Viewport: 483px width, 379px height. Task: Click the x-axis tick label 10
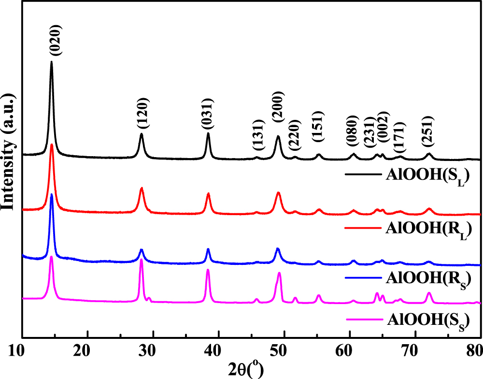point(22,349)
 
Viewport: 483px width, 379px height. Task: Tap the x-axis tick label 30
point(153,349)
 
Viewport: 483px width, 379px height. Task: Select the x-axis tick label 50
point(284,349)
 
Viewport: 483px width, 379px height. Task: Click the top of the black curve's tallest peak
point(51,62)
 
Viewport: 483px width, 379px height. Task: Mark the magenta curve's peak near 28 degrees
point(141,260)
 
